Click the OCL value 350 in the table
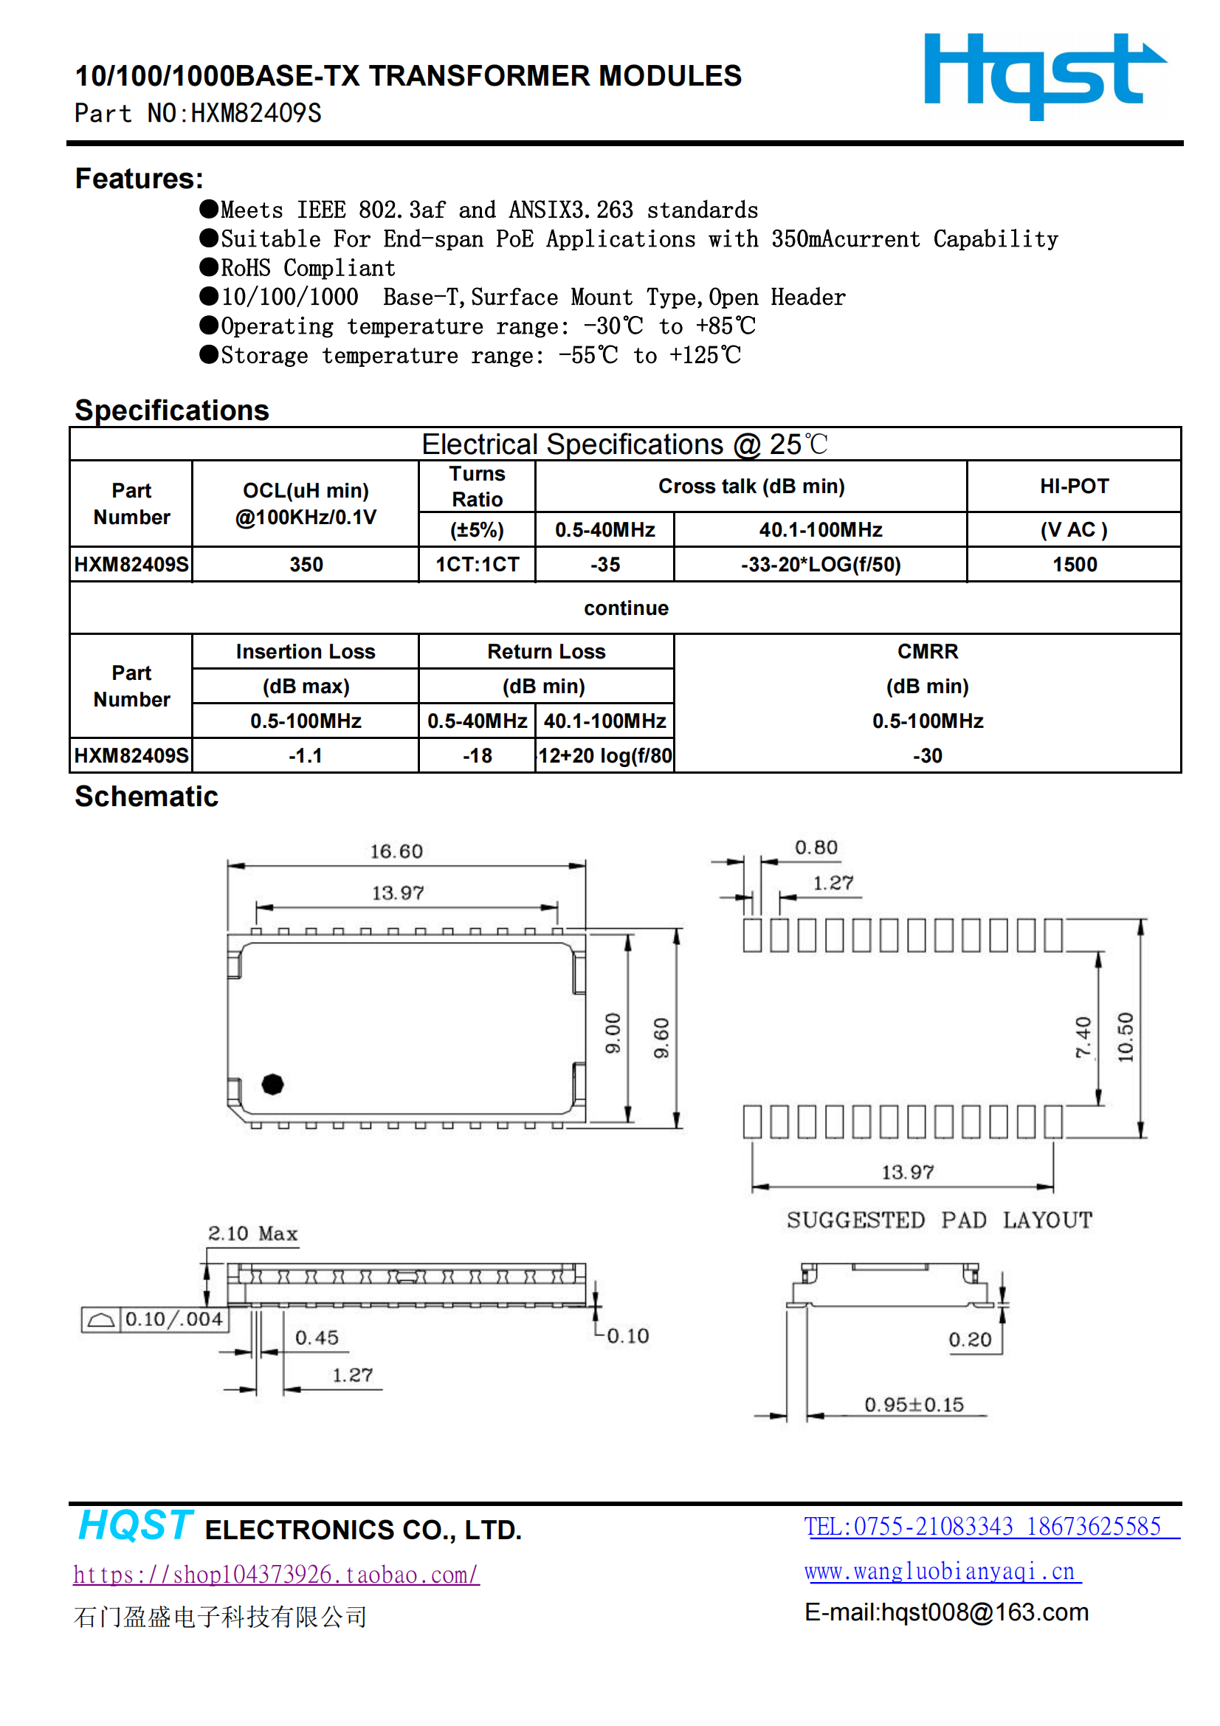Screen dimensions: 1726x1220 (306, 565)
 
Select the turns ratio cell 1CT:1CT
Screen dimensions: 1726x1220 (478, 565)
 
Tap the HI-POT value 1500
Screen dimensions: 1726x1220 (1074, 565)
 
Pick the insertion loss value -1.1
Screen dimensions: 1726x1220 (306, 755)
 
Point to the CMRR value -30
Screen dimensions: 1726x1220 (927, 755)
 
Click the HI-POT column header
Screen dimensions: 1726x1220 (1074, 486)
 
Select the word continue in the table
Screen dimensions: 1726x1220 (625, 608)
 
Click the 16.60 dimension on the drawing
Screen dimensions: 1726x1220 (396, 851)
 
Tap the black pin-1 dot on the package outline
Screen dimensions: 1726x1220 (272, 1084)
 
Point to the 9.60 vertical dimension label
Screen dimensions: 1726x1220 (661, 1039)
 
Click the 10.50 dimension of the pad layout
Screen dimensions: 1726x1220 (1126, 1037)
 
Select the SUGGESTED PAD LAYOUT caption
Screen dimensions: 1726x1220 (939, 1220)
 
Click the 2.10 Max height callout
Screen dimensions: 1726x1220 (252, 1234)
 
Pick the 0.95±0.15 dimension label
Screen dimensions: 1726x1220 (913, 1404)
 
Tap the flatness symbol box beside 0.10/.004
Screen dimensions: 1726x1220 (100, 1319)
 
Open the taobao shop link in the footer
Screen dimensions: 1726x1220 (276, 1574)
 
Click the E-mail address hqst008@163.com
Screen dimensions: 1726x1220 (946, 1612)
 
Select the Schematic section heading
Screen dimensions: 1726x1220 (147, 797)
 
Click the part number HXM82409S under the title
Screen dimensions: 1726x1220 (255, 114)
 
